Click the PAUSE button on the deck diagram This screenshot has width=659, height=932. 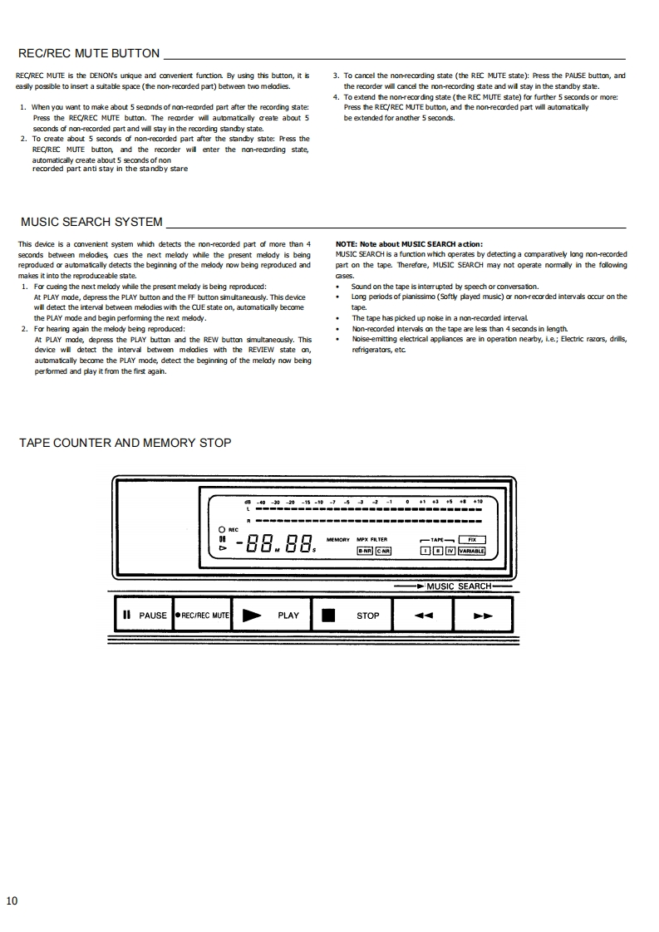click(145, 616)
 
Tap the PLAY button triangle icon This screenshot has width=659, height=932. click(252, 616)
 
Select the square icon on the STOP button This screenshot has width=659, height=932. click(329, 616)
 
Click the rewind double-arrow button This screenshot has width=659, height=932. click(424, 616)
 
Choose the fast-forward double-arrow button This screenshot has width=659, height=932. click(483, 616)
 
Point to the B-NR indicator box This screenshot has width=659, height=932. click(364, 550)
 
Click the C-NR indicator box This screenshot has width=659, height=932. click(383, 550)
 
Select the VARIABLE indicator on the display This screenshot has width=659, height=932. click(471, 550)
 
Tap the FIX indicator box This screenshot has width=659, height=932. click(472, 539)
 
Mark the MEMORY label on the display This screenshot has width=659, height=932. click(337, 540)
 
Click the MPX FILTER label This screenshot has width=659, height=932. click(371, 540)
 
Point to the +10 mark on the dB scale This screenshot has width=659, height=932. click(478, 503)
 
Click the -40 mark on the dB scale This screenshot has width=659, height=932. click(260, 503)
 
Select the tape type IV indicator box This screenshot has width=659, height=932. click(450, 550)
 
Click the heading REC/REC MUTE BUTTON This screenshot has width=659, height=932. click(89, 54)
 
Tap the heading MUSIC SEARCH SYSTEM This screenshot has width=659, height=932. click(91, 222)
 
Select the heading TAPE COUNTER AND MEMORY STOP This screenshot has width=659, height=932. click(125, 443)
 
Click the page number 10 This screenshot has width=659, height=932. click(12, 900)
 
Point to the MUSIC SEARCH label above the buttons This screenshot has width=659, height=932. click(460, 586)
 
